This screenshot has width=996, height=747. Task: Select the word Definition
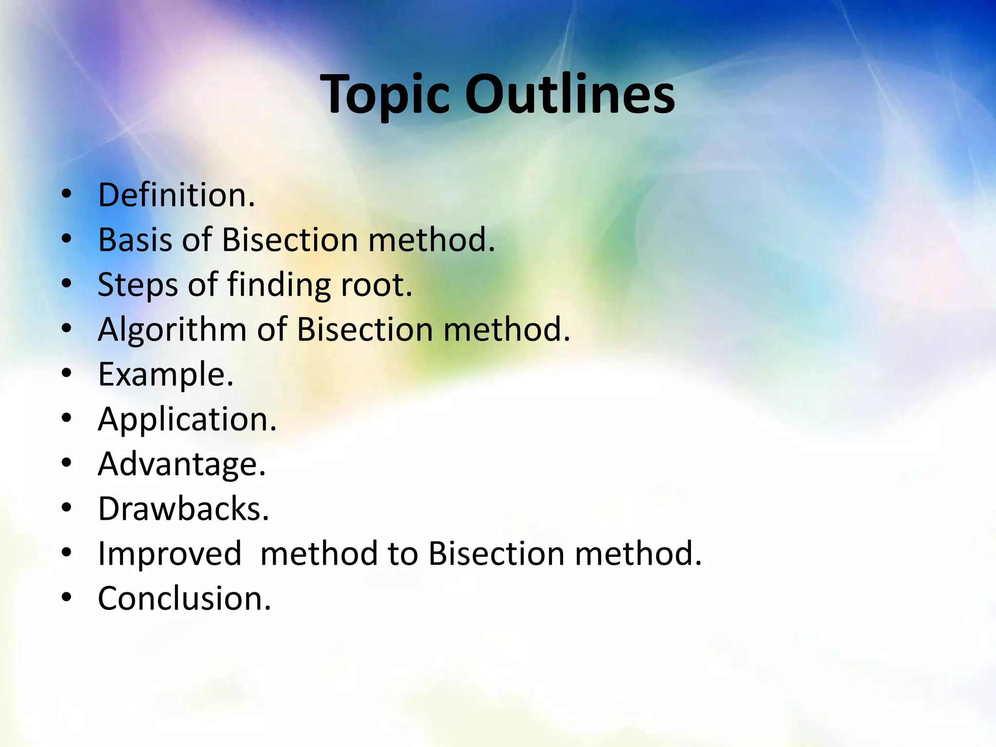pyautogui.click(x=176, y=195)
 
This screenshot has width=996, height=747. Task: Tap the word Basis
pyautogui.click(x=135, y=240)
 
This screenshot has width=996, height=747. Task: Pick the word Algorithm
pyautogui.click(x=172, y=330)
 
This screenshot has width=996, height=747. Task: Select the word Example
pyautogui.click(x=165, y=374)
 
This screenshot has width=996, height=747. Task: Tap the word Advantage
pyautogui.click(x=181, y=464)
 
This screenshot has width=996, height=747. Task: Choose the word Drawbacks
pyautogui.click(x=183, y=509)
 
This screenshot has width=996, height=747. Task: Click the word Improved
pyautogui.click(x=170, y=554)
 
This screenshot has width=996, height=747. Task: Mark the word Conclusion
pyautogui.click(x=184, y=599)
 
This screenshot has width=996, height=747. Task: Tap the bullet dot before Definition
pyautogui.click(x=67, y=195)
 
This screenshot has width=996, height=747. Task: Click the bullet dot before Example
pyautogui.click(x=67, y=374)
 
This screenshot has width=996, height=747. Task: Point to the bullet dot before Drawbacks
pyautogui.click(x=67, y=508)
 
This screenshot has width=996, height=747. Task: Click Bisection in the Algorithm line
pyautogui.click(x=364, y=330)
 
